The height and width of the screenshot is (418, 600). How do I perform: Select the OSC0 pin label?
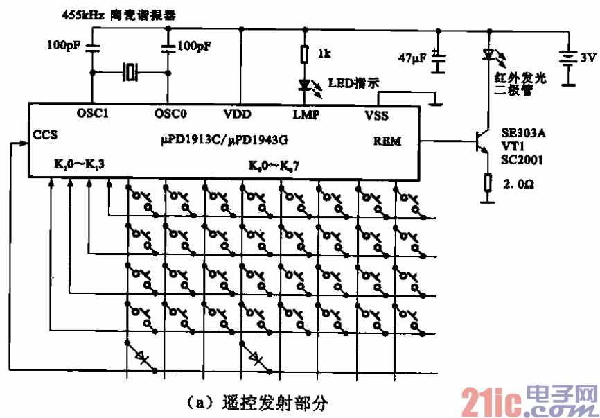170,113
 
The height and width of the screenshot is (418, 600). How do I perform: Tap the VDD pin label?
238,114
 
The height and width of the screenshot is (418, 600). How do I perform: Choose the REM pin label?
387,141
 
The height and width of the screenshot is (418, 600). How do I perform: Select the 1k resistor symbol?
303,54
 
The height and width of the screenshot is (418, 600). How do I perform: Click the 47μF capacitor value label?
412,58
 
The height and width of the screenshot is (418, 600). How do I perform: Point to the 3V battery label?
588,58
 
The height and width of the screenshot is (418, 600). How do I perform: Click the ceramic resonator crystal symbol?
130,71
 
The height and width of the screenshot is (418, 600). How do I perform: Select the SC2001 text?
522,159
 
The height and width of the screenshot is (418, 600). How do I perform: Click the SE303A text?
523,133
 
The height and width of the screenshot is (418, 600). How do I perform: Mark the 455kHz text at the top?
82,14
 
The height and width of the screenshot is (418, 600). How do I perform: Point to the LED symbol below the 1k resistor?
304,84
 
